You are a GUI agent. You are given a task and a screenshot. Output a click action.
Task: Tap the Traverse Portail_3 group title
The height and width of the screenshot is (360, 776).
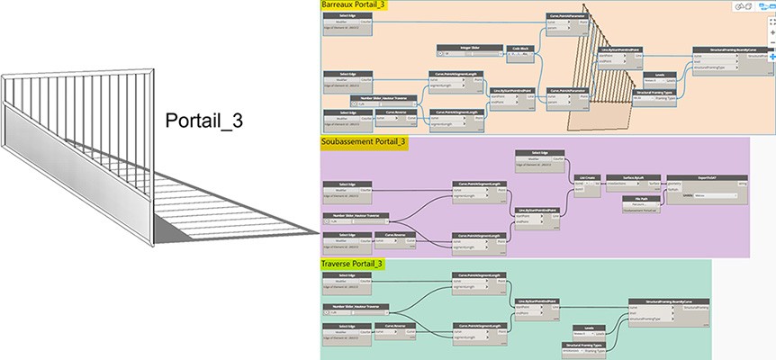(x=352, y=264)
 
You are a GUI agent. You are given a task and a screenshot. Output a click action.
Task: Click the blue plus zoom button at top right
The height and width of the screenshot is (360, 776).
(x=771, y=57)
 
